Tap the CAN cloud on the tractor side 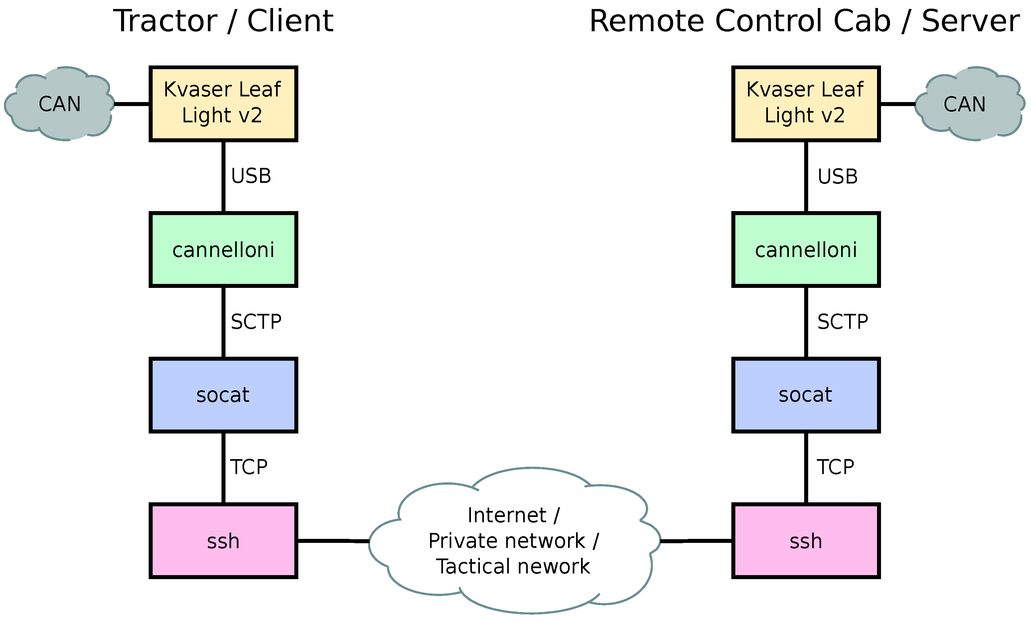60,104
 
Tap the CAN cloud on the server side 964,104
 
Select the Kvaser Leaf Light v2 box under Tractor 223,103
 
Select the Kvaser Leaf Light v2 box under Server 806,103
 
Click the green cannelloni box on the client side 223,250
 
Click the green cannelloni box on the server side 806,250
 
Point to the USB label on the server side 838,177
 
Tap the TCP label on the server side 835,467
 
